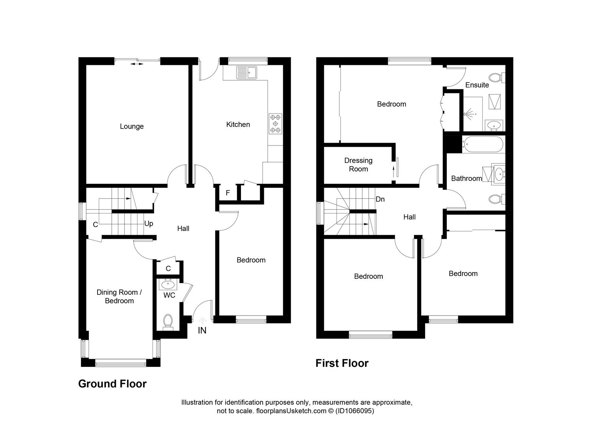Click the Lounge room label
[x=132, y=127]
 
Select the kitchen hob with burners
[x=275, y=123]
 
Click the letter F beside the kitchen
[x=228, y=193]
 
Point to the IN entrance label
[x=202, y=331]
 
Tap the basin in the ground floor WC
[x=168, y=284]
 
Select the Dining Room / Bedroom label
[x=119, y=297]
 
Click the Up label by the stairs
[x=149, y=224]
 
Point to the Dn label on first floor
[x=380, y=199]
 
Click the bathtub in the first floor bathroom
[x=483, y=144]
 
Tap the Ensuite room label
[x=477, y=85]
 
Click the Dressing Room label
[x=358, y=165]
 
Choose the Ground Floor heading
[x=112, y=384]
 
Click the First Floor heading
[x=342, y=363]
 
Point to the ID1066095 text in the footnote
[x=354, y=411]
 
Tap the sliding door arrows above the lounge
[x=137, y=63]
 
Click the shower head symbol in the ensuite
[x=469, y=113]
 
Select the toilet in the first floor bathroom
[x=496, y=198]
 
